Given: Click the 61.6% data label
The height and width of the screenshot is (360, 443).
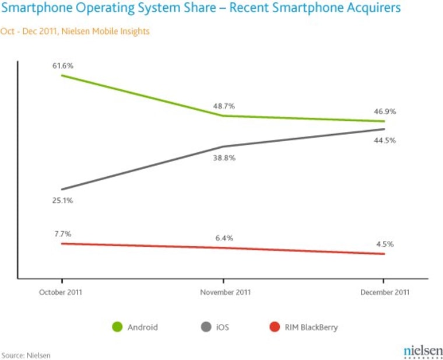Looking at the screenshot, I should point(62,66).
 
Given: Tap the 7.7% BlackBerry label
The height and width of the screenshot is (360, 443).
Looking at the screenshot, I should point(62,233).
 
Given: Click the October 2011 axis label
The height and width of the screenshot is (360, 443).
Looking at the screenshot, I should point(61,292).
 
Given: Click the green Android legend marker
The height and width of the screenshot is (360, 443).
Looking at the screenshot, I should point(117,327).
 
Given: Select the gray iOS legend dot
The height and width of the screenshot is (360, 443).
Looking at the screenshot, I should point(206,327).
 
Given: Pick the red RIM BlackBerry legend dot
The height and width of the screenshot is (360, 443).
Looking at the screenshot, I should point(275,327).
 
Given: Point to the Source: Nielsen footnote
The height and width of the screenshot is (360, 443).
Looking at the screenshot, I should point(26,355).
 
